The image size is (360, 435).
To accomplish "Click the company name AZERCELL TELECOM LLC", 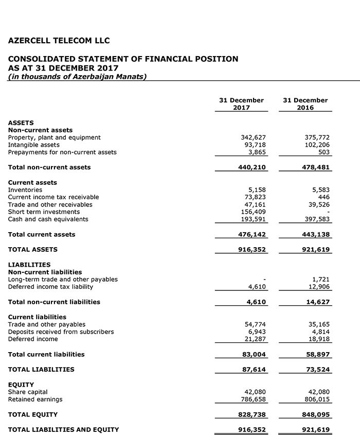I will click(x=59, y=41).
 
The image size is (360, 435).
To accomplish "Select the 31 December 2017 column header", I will click(x=241, y=104).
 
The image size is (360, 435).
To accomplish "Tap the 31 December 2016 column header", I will click(x=305, y=104).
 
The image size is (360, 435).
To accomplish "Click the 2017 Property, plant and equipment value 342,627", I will click(x=253, y=137).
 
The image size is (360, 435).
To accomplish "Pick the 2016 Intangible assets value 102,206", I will click(x=317, y=145).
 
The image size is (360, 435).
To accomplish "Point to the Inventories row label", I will click(x=25, y=190).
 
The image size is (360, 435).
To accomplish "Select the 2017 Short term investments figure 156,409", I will click(x=253, y=212).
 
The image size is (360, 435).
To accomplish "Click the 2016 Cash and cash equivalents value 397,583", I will click(x=317, y=219).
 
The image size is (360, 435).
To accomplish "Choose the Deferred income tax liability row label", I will click(x=50, y=287).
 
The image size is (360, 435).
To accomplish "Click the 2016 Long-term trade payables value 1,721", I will click(x=321, y=280).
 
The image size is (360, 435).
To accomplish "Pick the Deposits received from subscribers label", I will click(x=61, y=332).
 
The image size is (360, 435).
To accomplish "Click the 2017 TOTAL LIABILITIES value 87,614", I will click(x=254, y=369).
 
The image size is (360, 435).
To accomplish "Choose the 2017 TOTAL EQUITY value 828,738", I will click(x=252, y=414).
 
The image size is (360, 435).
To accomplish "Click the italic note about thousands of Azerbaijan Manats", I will click(x=77, y=77).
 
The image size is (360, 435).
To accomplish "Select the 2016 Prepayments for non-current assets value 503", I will click(x=323, y=152).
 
